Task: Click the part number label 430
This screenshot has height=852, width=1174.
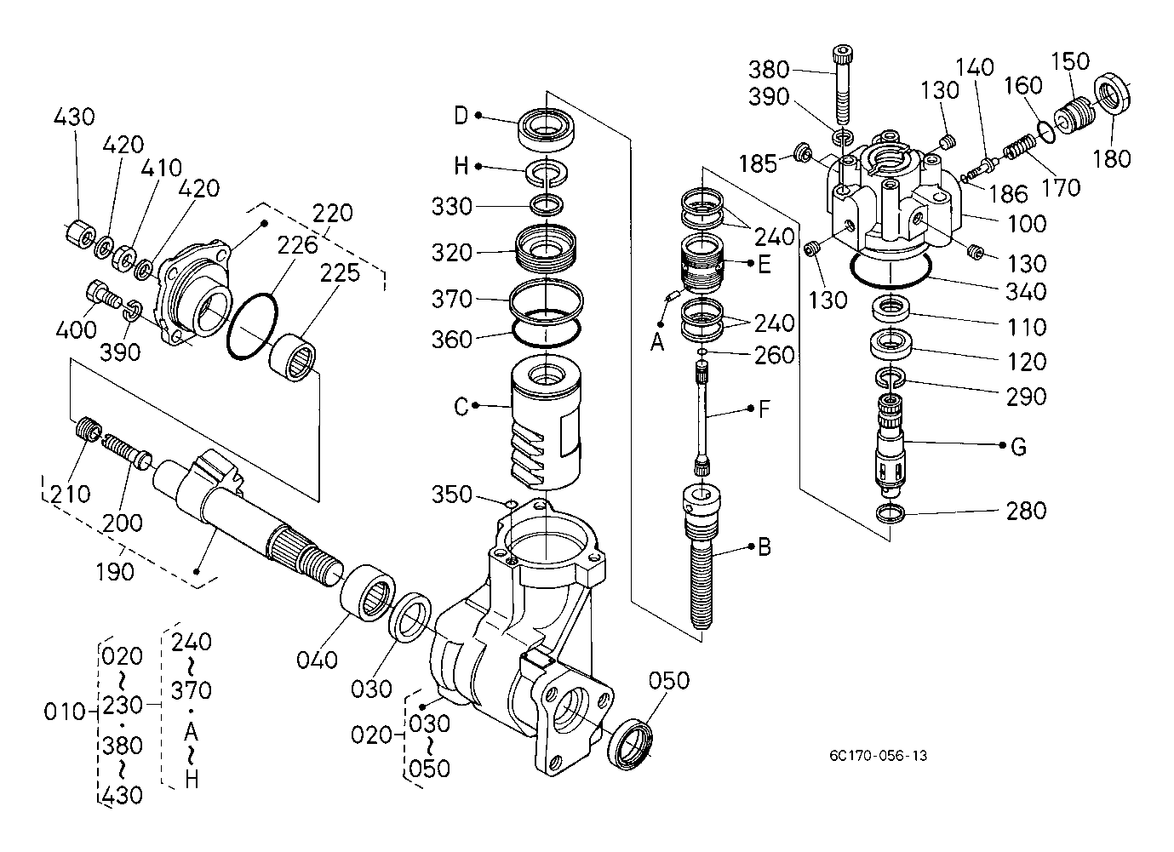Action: (74, 117)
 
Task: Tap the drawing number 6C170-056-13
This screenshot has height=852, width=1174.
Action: (878, 756)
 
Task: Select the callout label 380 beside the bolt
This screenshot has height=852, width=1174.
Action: (769, 70)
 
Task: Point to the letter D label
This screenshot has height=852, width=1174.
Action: (461, 116)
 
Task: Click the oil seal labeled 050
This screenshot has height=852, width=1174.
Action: (631, 745)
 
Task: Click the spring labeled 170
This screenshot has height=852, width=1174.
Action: (1020, 146)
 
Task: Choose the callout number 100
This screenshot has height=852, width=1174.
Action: (1027, 224)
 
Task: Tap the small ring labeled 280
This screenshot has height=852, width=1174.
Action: (891, 513)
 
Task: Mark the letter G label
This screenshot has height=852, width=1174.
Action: (1018, 447)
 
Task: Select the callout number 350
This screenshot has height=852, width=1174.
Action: (452, 495)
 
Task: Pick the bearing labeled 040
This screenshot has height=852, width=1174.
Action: (368, 593)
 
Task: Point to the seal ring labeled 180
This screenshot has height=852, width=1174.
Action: (1111, 94)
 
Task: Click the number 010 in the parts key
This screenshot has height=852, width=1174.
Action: (65, 712)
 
